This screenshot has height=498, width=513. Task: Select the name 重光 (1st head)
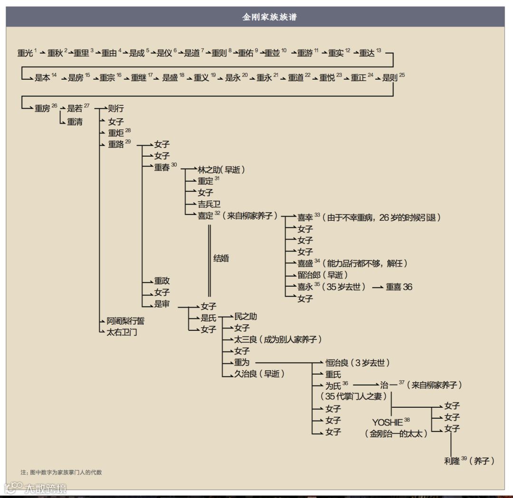coord(25,53)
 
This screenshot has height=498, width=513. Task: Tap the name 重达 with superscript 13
coord(367,53)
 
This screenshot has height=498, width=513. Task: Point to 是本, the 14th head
coord(42,78)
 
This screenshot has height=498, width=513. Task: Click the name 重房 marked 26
coord(42,108)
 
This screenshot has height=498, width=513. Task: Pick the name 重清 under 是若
coord(75,122)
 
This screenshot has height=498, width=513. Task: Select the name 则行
coord(116,108)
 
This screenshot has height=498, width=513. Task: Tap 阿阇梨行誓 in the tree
coord(125,321)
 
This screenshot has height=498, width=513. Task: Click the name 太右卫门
coord(122,332)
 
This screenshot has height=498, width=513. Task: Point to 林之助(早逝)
coord(221,169)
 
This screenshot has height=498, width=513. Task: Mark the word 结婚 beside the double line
coord(221,258)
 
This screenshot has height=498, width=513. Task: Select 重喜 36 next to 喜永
coord(399,287)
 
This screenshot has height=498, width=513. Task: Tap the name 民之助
coord(246,317)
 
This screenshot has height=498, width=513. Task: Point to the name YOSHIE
coord(388,422)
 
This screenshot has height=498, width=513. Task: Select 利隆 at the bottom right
coord(452,460)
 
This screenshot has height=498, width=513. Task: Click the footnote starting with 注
coord(61,472)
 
